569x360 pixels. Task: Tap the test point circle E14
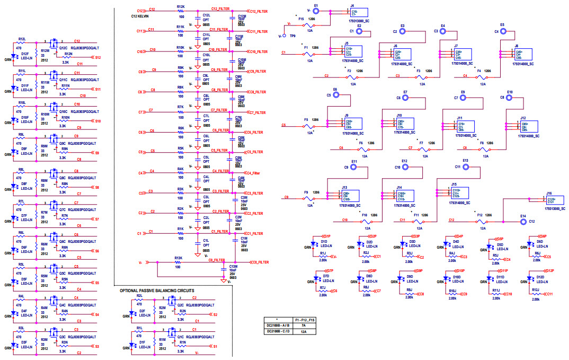tap(523, 220)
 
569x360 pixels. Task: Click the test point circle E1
tap(316, 11)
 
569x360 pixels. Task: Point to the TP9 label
tap(292, 36)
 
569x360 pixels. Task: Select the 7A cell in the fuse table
tap(304, 326)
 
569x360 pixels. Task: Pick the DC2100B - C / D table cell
tap(278, 331)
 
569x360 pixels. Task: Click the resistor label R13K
tap(178, 258)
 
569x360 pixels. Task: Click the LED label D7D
tap(326, 276)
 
